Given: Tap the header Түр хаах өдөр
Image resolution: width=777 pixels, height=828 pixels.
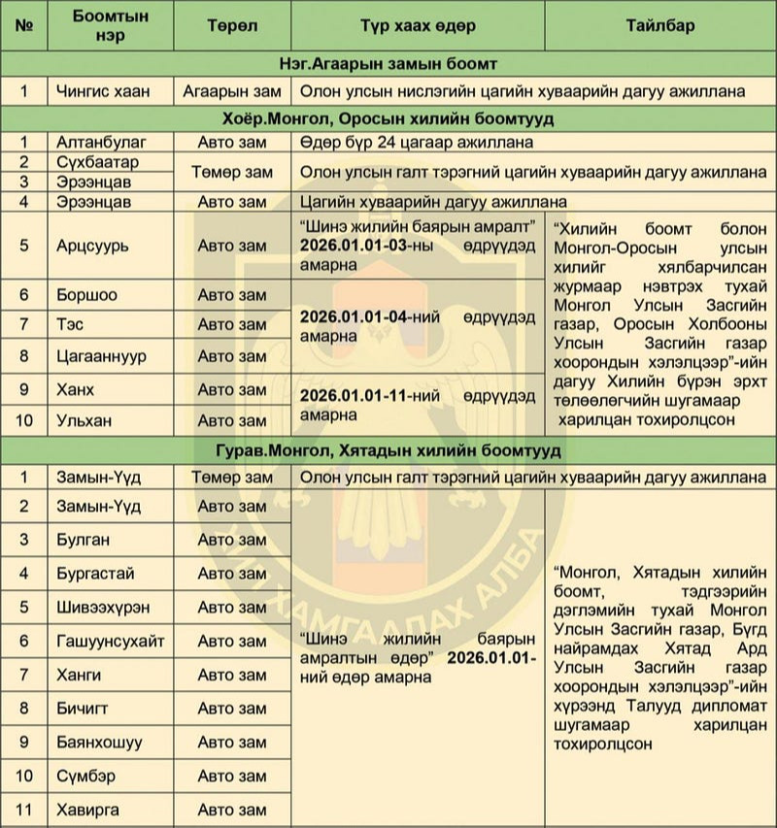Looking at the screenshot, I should (x=417, y=26).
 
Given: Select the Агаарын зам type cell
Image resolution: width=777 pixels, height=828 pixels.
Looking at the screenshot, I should (x=230, y=92).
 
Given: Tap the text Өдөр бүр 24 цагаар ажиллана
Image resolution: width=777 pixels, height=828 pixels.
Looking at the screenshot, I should (x=418, y=142).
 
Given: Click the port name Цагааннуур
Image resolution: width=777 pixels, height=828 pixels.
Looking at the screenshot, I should (x=101, y=356).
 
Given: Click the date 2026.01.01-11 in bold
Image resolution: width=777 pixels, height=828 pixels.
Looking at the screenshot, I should (x=354, y=397).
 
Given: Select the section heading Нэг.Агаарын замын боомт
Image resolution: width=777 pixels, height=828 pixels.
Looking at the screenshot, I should (x=388, y=64).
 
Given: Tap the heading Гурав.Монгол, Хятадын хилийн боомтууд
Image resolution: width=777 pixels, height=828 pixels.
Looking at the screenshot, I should (x=388, y=451).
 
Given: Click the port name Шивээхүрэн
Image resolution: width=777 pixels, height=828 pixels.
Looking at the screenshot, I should (x=103, y=607).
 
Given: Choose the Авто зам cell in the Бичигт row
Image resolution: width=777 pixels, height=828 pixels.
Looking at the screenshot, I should (x=231, y=709).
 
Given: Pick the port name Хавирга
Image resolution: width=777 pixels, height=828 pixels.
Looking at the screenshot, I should (x=91, y=810).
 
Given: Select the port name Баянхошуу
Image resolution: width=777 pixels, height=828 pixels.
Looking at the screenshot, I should (x=99, y=743).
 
